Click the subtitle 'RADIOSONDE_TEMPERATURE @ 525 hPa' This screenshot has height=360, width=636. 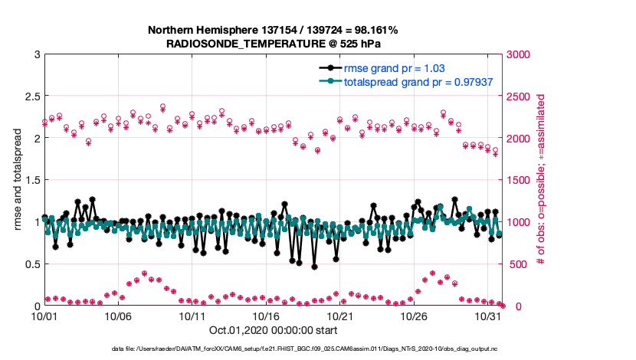tap(273, 44)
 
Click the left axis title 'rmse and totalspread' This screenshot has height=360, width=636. tap(16, 180)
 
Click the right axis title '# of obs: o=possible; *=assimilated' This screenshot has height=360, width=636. tap(541, 180)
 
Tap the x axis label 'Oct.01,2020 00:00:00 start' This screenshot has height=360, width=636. tap(273, 330)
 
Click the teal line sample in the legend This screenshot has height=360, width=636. tap(330, 81)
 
